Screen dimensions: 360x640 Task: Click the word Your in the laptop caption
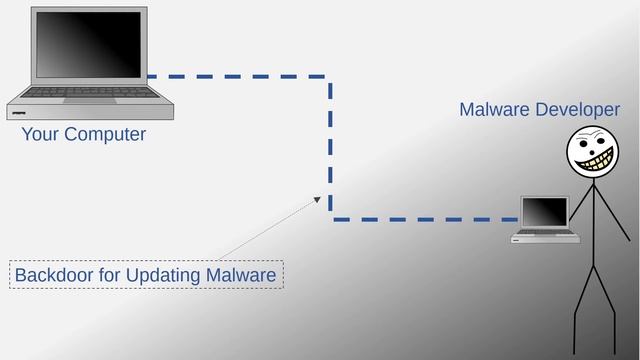(40, 134)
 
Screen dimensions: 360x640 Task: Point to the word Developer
(578, 110)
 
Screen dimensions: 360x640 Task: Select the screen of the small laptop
(545, 212)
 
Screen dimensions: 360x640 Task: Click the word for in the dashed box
(113, 274)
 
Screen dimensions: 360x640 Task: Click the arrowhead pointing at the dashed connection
(318, 198)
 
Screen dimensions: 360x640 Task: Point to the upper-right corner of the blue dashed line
(330, 76)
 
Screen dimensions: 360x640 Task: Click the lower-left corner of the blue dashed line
(331, 219)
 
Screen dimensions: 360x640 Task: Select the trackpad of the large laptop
(83, 100)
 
